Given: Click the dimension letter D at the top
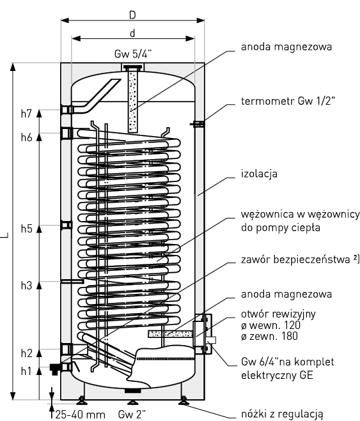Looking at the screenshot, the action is pos(132,15).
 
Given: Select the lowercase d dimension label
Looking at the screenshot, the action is pos(132,33).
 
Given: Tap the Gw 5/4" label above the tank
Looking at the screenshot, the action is pos(133,54).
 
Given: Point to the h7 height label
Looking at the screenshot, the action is pos(26,114).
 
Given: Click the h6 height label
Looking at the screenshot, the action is pos(26,137).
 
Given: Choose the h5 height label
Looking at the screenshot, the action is pos(26,229).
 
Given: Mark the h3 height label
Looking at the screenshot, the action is pos(26,285).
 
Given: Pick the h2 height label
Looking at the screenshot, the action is pos(26,353).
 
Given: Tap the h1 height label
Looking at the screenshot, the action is pos(26,371).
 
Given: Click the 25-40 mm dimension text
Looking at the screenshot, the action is pos(80,415).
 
